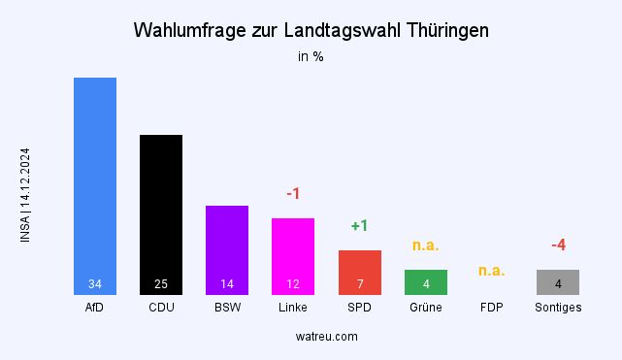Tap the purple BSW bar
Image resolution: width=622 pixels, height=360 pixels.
point(227,247)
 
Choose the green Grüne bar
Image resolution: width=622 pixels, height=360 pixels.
point(425,281)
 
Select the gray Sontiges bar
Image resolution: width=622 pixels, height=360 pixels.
point(558,281)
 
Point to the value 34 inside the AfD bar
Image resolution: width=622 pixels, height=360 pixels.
point(95,284)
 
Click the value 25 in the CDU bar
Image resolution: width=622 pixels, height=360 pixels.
point(161,284)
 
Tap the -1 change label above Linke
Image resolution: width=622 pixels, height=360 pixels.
point(293,194)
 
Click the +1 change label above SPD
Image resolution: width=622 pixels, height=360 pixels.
point(359,226)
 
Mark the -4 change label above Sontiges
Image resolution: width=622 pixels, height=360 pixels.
point(558,245)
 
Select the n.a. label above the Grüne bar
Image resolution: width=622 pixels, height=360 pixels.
point(425,245)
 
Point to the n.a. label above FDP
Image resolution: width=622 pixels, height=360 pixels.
point(492,271)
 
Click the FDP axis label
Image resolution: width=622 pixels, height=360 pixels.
point(492,308)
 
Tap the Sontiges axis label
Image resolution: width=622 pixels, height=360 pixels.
point(558,308)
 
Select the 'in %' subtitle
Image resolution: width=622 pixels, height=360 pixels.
point(311,56)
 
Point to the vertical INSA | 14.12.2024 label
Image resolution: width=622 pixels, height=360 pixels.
point(25,195)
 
